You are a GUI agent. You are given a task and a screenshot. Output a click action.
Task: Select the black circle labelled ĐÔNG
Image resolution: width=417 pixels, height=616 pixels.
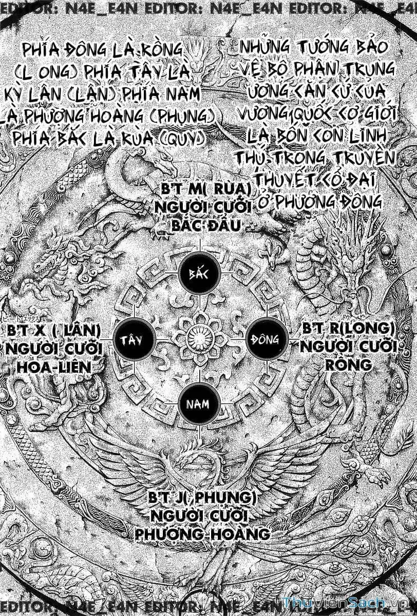265,339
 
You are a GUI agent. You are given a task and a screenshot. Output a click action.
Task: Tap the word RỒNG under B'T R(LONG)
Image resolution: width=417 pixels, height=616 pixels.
349,364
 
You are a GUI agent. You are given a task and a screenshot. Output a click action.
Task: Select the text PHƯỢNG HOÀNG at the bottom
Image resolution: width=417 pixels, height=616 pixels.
202,533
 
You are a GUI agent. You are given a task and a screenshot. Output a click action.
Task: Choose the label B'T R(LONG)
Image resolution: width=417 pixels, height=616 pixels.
348,329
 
